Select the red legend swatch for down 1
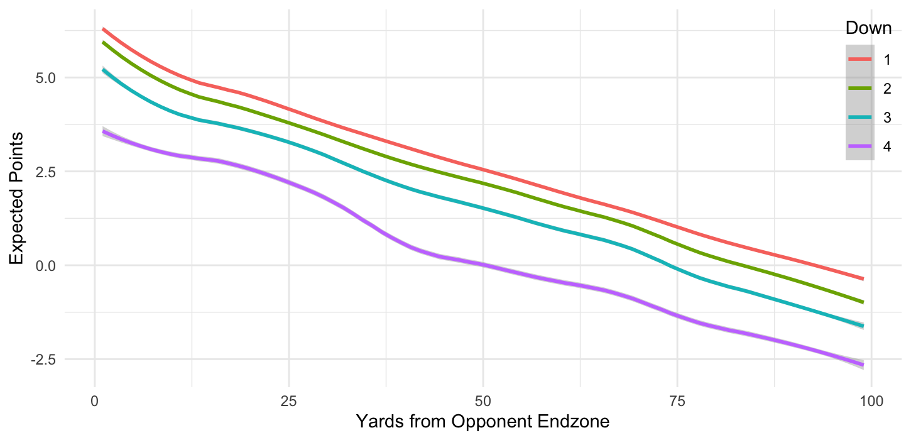(860, 59)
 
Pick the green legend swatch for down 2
(860, 88)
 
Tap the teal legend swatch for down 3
(860, 117)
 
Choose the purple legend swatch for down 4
(860, 146)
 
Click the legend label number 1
(887, 60)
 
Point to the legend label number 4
(887, 146)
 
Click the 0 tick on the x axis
(94, 400)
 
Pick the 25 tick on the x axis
(288, 400)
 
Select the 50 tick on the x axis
(483, 400)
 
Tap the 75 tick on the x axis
(677, 400)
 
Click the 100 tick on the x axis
(871, 400)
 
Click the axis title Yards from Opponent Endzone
(483, 422)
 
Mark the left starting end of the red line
(103, 29)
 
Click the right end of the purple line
(863, 365)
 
